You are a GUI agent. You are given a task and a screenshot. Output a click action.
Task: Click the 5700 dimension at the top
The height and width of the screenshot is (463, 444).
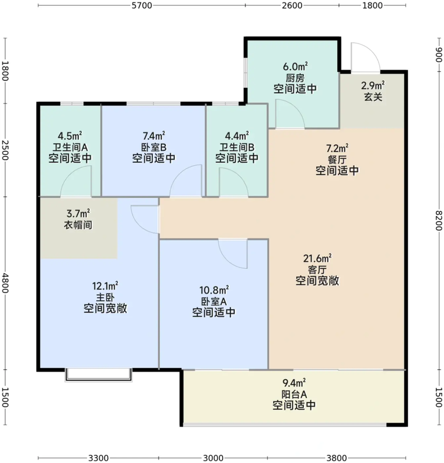coord(142,6)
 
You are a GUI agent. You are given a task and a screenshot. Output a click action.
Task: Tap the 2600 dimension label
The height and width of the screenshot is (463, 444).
coord(292,6)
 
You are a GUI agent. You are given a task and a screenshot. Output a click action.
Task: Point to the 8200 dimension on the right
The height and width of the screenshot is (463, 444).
coord(438,220)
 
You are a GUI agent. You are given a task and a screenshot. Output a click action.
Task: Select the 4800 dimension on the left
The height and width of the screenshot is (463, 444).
coord(5,284)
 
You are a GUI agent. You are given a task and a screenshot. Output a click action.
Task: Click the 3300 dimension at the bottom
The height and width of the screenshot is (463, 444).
coord(98,457)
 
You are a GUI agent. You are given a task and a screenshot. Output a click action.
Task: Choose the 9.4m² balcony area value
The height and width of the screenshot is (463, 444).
coord(294,383)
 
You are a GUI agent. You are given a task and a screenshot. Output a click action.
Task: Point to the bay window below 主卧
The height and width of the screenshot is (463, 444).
coord(98,374)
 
